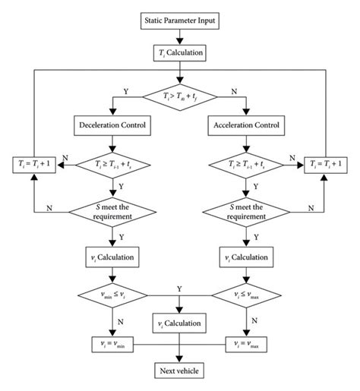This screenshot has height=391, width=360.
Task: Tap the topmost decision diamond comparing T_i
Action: [x=179, y=96]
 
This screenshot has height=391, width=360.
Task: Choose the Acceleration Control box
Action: [x=245, y=124]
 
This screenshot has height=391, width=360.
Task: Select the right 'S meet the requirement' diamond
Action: [x=245, y=210]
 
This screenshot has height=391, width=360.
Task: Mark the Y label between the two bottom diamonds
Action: [x=179, y=289]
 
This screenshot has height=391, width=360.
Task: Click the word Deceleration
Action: [x=99, y=124]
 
